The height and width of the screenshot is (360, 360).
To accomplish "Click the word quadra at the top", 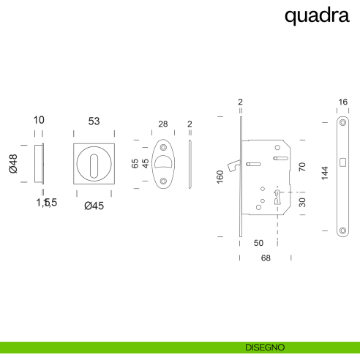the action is [x=317, y=16].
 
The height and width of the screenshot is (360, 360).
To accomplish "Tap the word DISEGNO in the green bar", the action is [x=265, y=348].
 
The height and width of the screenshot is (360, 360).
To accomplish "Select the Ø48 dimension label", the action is [x=13, y=164].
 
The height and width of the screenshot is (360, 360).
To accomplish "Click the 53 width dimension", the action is [x=94, y=121].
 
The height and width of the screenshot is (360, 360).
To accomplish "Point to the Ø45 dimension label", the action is [x=94, y=206].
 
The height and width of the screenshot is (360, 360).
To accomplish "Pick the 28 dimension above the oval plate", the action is [x=163, y=124].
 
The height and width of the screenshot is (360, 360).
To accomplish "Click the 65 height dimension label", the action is [x=135, y=163].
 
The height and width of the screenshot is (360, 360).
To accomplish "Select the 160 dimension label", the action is [x=220, y=177].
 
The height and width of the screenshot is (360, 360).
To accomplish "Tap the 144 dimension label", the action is [x=325, y=173].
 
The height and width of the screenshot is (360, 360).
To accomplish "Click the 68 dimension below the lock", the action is [x=266, y=258].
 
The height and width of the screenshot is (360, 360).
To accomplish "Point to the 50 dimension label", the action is [x=258, y=243].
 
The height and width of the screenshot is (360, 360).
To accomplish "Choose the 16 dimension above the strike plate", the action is [x=342, y=102].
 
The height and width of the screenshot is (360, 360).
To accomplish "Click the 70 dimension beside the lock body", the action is [x=302, y=167].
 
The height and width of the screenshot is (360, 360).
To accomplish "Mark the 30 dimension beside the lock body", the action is [x=302, y=203].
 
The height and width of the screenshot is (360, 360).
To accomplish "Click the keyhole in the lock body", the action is [x=277, y=197].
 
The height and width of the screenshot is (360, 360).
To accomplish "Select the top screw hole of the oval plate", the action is [x=163, y=147].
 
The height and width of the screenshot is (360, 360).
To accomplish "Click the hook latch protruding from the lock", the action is [x=233, y=165].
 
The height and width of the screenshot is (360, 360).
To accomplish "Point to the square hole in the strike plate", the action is [x=342, y=162].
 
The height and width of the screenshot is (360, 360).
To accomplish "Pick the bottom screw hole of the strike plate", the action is [x=342, y=230].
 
